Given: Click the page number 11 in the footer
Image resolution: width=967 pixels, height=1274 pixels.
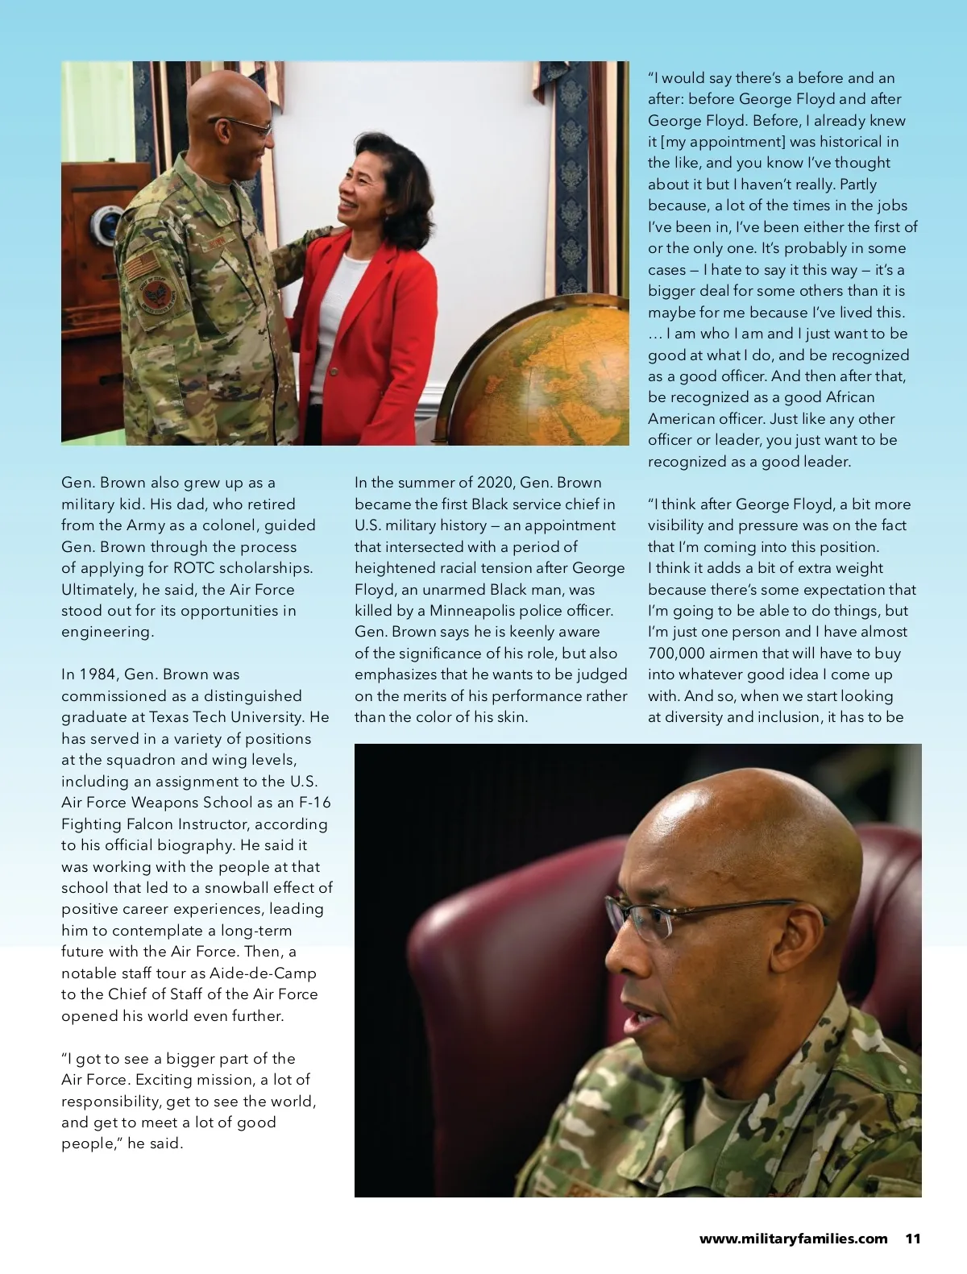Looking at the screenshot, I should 913,1239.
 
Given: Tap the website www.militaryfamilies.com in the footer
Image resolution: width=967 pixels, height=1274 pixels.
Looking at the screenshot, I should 793,1239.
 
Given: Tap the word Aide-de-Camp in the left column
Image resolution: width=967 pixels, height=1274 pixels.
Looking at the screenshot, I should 263,973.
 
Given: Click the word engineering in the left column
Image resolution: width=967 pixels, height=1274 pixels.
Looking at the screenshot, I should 107,632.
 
